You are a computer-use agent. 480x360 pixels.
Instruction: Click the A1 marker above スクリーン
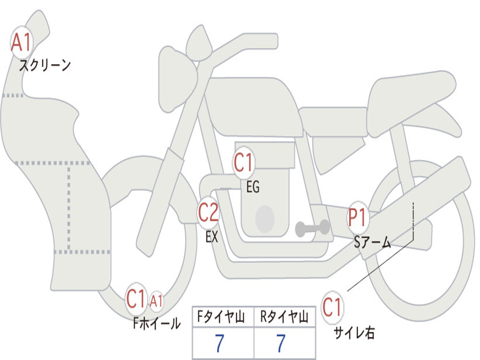pos(22,42)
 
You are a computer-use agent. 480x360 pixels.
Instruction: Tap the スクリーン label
pos(45,65)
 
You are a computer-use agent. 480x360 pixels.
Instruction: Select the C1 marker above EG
pos(244,162)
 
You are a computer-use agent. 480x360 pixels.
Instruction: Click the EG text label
pos(253,187)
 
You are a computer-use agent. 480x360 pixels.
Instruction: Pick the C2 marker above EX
pos(208,212)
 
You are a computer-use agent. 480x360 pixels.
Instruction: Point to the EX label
pos(212,236)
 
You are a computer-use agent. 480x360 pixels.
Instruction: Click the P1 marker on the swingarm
pos(358,217)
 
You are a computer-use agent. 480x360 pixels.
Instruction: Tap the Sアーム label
pos(373,242)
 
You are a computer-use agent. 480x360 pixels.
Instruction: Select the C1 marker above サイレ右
pos(332,307)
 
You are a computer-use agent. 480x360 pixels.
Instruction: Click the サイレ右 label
pos(354,333)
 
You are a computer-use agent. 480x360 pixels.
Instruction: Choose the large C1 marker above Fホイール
pos(136,299)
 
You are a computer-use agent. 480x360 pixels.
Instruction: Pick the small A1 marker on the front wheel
pos(156,301)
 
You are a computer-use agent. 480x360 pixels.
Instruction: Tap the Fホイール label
pos(157,323)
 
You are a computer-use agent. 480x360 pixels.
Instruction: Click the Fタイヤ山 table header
pos(221,316)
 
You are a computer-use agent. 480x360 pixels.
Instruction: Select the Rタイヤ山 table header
pos(284,316)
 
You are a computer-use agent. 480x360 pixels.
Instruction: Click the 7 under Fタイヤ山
pos(219,343)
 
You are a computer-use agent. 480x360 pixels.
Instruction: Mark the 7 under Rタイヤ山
pos(281,343)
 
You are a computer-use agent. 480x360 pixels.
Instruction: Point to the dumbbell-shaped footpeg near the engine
pos(312,228)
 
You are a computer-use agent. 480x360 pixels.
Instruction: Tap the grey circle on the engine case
pos(265,219)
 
